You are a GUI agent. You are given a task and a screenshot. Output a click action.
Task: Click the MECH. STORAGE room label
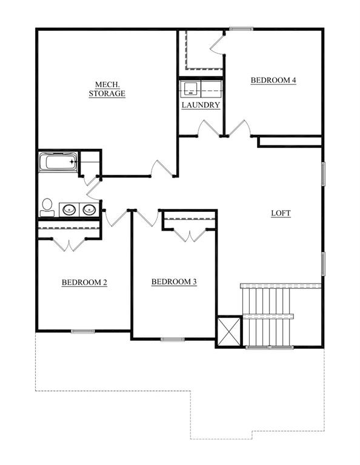[x=107, y=89]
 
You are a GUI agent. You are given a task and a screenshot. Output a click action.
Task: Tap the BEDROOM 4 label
[x=273, y=80]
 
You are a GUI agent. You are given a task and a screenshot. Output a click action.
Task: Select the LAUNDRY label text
[x=201, y=105]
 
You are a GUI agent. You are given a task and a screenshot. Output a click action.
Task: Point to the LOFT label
[x=281, y=213]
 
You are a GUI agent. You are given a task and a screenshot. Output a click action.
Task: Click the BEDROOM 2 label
[x=84, y=282]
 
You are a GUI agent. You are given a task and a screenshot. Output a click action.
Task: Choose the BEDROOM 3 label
[x=174, y=282]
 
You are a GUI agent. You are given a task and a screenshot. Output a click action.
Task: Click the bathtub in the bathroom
[x=58, y=162]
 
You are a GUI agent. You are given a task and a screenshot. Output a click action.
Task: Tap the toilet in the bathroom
[x=47, y=207]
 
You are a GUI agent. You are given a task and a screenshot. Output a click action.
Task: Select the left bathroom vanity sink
[x=69, y=210]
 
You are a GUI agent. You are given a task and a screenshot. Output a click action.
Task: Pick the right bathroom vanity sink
[x=89, y=210]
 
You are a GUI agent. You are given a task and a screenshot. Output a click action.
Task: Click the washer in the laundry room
[x=190, y=88]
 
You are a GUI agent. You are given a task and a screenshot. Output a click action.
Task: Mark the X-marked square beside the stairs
[x=229, y=331]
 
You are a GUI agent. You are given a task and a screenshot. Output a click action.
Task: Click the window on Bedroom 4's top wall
[x=241, y=29]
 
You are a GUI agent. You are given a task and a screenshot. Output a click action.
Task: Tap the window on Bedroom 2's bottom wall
[x=83, y=331]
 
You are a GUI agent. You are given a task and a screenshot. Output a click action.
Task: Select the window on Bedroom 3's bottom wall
[x=173, y=339]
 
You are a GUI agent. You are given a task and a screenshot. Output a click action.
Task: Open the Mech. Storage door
[x=162, y=168]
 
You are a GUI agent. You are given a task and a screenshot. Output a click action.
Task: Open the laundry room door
[x=210, y=128]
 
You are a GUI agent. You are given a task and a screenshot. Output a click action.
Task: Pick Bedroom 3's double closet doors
[x=190, y=235]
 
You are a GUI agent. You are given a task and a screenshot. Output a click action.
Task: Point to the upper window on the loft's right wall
[x=324, y=174]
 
